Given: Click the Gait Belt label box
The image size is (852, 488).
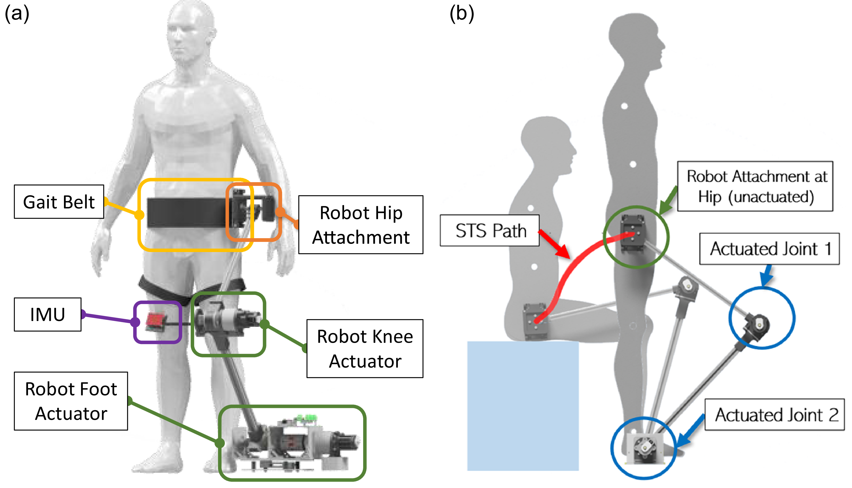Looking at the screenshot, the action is click(59, 202).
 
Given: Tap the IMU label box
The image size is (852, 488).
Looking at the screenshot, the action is click(48, 314).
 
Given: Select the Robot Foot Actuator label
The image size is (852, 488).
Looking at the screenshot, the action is click(71, 401).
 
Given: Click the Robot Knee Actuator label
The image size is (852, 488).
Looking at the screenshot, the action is click(365, 348).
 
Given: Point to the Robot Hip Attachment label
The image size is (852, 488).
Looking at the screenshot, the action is click(361, 225).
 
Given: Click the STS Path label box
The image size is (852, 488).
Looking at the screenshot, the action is click(490, 230).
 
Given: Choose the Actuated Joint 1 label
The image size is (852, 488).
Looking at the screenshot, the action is click(769, 249).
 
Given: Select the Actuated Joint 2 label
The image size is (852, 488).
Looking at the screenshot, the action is click(775, 415).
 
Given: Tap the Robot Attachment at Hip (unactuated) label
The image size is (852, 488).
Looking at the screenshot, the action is click(755, 186).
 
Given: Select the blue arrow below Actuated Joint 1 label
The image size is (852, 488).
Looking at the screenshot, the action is click(766, 276).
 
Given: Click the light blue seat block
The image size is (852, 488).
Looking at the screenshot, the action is click(523, 406).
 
